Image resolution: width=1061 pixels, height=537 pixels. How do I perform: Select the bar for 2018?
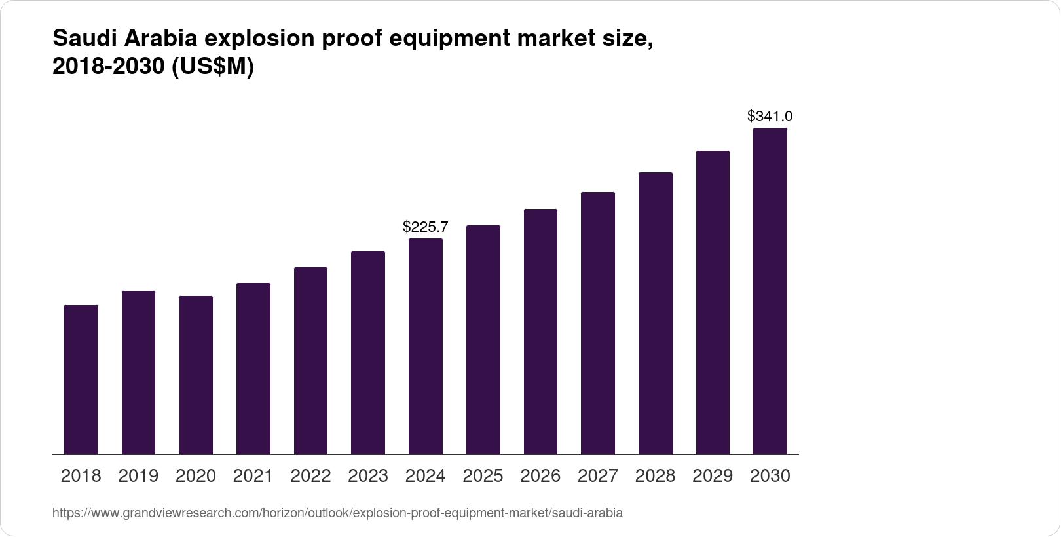click(81, 380)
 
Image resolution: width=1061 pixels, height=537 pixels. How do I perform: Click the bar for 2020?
click(196, 375)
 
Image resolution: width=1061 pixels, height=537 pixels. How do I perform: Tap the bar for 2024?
click(426, 346)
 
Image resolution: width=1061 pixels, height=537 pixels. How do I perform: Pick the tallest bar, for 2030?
click(770, 291)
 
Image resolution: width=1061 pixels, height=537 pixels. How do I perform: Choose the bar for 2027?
click(598, 324)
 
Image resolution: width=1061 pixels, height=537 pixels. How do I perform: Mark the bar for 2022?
click(310, 361)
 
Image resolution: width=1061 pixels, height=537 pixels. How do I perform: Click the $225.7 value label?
click(426, 227)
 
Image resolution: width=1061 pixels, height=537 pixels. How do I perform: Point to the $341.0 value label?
click(770, 117)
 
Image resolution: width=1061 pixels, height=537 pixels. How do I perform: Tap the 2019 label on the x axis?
click(138, 476)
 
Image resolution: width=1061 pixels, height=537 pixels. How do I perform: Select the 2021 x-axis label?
click(253, 476)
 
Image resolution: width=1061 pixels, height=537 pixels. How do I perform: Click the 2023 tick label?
click(368, 476)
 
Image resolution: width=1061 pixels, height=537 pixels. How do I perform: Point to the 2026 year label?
click(540, 476)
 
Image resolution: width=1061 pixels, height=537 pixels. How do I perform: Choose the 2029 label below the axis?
click(713, 476)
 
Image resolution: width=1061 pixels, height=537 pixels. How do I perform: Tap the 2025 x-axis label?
click(483, 476)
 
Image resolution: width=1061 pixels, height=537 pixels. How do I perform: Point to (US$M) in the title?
click(212, 67)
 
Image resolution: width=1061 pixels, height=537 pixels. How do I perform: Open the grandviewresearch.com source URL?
click(337, 513)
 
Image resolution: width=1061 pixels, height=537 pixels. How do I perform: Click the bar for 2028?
click(656, 314)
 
